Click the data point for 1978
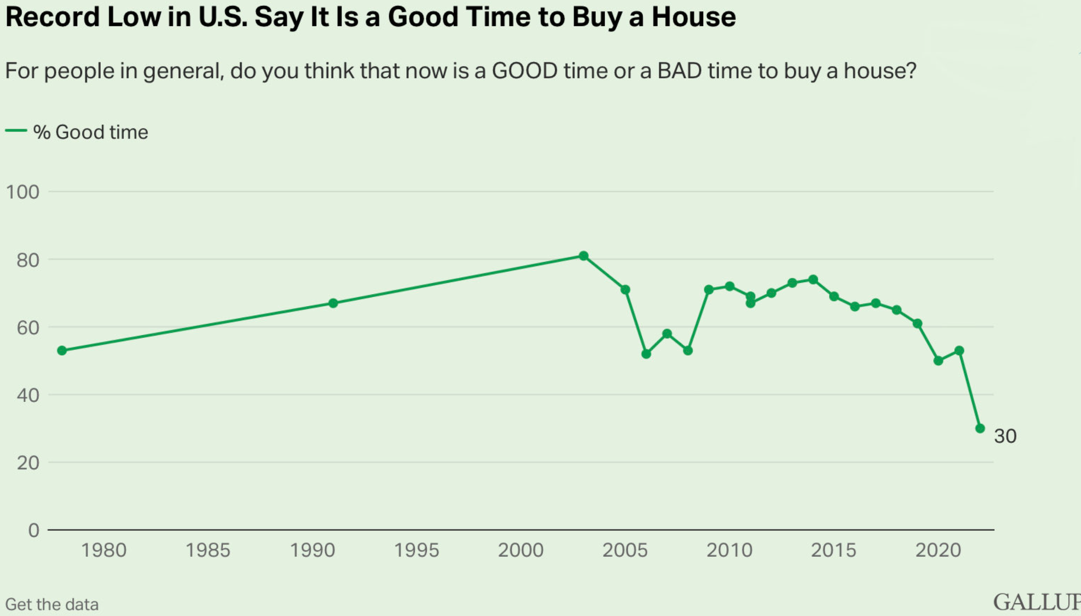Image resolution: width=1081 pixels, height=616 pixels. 62,350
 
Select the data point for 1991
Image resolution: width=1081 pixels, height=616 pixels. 333,303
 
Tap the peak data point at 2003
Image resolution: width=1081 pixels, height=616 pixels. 583,256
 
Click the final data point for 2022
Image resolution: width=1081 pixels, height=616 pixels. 980,428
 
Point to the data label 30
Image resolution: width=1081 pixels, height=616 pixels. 1005,436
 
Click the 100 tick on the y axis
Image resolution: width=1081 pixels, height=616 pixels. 22,192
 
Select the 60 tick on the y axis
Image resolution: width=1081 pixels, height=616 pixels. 28,328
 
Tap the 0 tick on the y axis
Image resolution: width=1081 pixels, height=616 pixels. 34,530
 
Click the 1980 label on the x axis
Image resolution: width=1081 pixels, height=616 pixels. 104,551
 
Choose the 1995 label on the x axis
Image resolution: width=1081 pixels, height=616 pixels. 416,551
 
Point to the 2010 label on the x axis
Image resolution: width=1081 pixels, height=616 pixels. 729,551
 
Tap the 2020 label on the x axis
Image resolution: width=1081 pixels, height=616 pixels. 938,551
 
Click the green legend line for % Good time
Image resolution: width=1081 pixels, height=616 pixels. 16,131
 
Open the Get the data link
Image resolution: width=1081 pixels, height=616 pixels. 52,604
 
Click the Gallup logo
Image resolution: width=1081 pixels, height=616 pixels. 1037,602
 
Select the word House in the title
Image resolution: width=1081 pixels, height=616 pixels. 694,17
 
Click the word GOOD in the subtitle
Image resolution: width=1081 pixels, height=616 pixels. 525,71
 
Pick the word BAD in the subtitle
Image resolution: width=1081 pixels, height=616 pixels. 679,71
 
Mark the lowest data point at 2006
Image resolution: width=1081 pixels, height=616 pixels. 646,354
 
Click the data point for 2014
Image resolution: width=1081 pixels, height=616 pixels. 813,279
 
